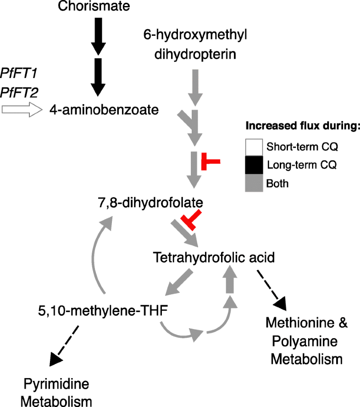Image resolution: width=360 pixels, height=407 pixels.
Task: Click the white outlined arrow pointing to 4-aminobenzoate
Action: click(21, 110)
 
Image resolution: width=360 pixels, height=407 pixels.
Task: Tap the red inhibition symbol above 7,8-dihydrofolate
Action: click(210, 161)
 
